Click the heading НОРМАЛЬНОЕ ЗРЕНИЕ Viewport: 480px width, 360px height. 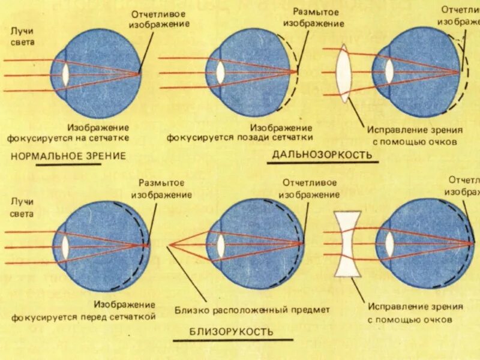68,156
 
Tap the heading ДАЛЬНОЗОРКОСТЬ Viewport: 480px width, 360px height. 322,155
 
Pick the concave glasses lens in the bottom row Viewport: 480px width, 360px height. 346,243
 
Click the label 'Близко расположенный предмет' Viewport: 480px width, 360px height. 253,310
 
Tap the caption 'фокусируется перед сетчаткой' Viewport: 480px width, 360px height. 83,316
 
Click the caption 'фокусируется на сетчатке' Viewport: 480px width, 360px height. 68,137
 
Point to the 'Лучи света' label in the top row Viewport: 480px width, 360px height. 22,36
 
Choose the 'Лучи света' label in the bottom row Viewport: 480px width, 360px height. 22,207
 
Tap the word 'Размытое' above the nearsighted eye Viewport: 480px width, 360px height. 161,183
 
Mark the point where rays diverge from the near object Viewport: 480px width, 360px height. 170,245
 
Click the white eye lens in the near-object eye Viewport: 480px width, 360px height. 221,245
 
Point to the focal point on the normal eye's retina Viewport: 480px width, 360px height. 139,74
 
